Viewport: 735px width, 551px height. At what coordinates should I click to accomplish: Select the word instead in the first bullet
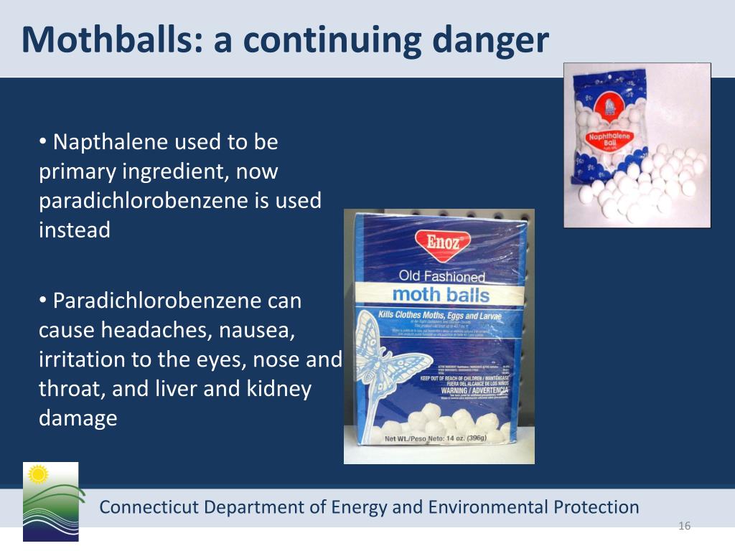click(75, 231)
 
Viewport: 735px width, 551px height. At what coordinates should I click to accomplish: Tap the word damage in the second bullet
click(78, 418)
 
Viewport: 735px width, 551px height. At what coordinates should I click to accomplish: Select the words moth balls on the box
click(441, 294)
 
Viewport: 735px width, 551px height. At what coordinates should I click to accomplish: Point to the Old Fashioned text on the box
click(442, 275)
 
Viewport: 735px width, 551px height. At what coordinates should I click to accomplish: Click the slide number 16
click(684, 527)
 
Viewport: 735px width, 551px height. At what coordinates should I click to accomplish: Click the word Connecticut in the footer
click(149, 508)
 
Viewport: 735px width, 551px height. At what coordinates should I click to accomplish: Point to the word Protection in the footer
click(596, 508)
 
